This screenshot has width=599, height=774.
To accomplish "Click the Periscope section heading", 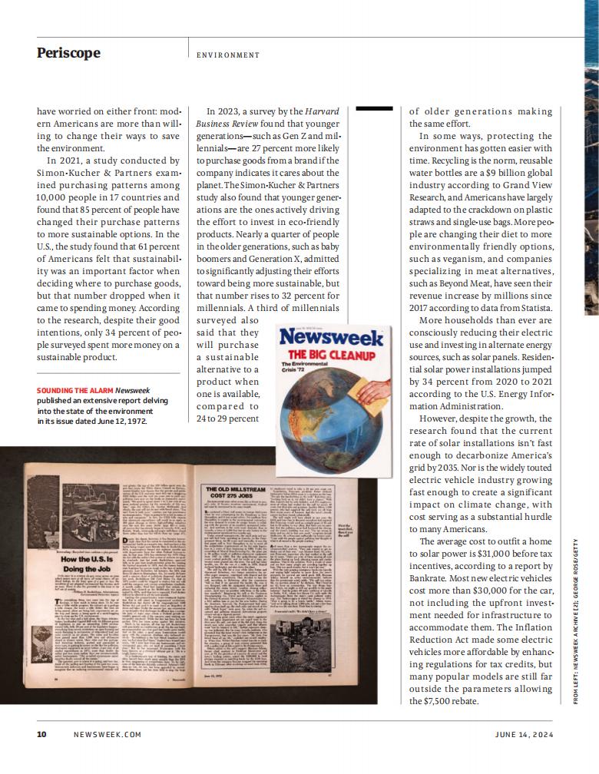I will [68, 52].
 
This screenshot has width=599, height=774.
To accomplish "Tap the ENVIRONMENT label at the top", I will [228, 55].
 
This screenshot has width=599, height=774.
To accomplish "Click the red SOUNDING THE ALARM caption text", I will [74, 390].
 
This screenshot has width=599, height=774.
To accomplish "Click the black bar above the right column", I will [375, 109].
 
